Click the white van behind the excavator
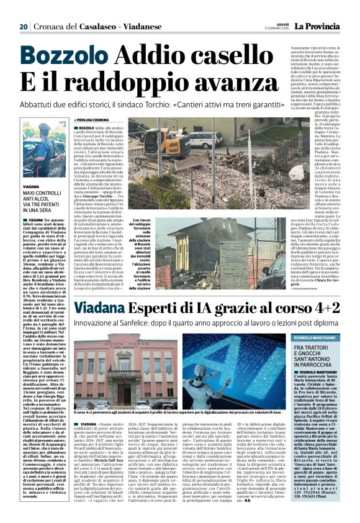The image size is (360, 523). click(x=203, y=138)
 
